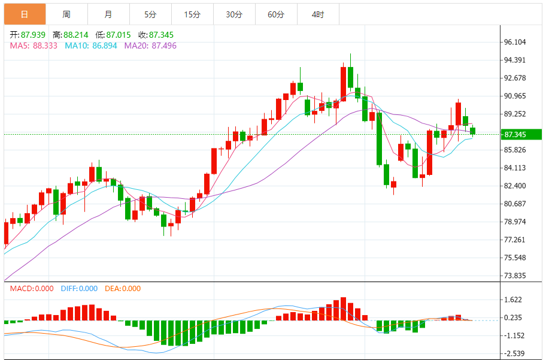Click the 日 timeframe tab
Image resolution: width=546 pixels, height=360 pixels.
tap(25, 14)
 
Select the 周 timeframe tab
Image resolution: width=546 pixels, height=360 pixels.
tap(66, 14)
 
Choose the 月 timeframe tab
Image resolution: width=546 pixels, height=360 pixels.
tap(108, 14)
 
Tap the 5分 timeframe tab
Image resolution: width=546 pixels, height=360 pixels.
tap(150, 14)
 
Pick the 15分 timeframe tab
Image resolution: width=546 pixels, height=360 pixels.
tap(192, 14)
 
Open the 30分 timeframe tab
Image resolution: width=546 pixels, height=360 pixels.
tap(234, 14)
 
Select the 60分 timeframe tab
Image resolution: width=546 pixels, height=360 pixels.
tap(276, 14)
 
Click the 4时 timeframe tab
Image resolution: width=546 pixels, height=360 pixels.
tap(318, 14)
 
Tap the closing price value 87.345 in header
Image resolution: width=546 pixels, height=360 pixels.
tap(161, 35)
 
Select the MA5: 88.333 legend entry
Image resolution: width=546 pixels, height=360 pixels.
tap(34, 46)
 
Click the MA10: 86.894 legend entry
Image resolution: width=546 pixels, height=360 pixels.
tap(91, 46)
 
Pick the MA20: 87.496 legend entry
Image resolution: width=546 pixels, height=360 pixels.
tap(150, 46)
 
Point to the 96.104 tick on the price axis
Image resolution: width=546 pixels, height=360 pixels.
tap(515, 42)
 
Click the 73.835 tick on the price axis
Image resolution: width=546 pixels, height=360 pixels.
tap(515, 276)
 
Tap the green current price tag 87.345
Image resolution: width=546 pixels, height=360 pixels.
tap(518, 135)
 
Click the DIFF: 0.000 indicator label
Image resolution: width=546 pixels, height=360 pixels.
tap(79, 289)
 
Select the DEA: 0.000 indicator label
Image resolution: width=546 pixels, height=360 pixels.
tap(123, 289)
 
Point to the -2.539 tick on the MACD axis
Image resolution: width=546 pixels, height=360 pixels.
tap(515, 353)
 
